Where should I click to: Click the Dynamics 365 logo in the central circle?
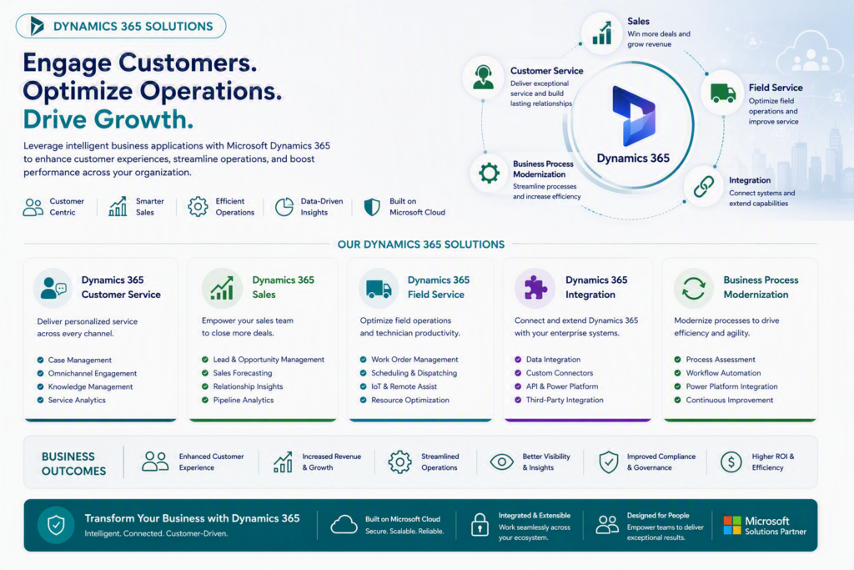(634, 116)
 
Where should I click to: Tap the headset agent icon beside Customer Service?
(483, 77)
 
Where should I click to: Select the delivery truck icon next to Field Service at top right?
(723, 93)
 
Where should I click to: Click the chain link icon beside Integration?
(704, 187)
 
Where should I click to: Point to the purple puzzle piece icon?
(535, 287)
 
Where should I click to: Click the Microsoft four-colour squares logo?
(732, 525)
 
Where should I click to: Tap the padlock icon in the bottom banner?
(480, 525)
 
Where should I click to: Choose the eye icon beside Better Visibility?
(501, 462)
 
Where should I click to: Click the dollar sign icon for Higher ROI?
(731, 462)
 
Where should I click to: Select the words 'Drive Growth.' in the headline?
(108, 119)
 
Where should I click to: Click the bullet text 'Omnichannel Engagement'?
(92, 373)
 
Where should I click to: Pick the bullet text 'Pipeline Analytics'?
(243, 400)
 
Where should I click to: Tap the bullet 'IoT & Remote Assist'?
(404, 386)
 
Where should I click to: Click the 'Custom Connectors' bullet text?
(560, 373)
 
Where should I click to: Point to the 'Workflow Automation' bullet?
(723, 373)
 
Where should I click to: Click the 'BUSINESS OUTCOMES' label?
(73, 464)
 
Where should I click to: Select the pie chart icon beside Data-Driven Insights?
(284, 207)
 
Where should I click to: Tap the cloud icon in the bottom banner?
(344, 524)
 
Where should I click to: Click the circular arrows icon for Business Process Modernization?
(693, 288)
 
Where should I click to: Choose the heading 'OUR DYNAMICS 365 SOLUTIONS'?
(421, 245)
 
